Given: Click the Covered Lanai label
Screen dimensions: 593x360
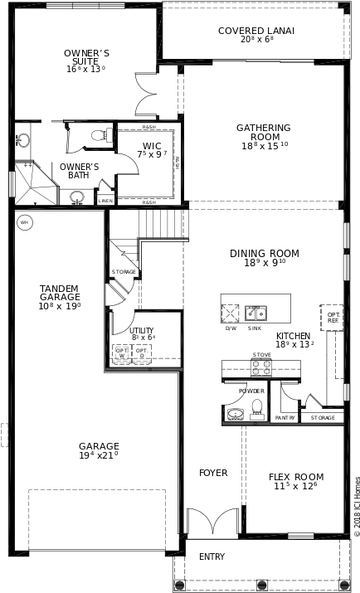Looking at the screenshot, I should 256,32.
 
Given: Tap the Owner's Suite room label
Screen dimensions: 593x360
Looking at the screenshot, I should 86,58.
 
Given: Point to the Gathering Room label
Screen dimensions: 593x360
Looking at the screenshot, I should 264,133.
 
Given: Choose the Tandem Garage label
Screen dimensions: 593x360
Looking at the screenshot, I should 60,294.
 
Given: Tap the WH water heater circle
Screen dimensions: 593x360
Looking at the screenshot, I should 25,222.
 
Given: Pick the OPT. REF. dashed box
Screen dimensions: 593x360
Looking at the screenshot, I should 332,318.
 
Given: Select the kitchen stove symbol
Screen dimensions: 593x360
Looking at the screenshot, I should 261,367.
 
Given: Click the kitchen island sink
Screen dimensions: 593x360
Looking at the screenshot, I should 255,314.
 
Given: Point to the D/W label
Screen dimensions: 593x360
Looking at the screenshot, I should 231,328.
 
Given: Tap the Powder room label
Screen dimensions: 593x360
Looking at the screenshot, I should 251,391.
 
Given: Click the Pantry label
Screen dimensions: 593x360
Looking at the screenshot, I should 285,418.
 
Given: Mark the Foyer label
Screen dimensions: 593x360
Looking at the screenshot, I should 213,473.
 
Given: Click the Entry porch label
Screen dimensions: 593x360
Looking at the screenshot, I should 212,557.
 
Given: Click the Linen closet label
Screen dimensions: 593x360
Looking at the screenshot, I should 105,201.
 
